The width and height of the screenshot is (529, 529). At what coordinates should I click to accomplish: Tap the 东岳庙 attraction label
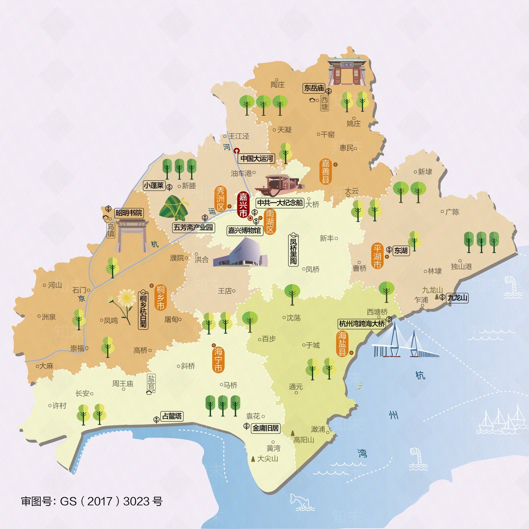(314, 88)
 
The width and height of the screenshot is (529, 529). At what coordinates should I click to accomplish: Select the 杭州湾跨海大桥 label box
(362, 324)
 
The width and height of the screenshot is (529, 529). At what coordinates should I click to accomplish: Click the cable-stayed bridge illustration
(405, 342)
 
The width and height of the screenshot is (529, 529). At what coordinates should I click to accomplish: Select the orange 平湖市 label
(377, 256)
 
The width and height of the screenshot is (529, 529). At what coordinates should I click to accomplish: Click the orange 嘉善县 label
(326, 171)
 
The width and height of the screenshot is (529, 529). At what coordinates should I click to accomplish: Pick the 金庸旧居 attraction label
(265, 428)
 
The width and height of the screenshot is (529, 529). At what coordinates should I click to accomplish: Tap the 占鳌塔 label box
(172, 416)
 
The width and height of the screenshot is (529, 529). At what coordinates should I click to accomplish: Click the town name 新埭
(425, 172)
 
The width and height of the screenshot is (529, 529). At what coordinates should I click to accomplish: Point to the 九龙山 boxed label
(457, 298)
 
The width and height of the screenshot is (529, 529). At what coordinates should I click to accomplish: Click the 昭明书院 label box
(129, 213)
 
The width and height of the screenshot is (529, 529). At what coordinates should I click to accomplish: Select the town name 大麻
(46, 366)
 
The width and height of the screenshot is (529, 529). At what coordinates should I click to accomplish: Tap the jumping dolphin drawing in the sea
(301, 502)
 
